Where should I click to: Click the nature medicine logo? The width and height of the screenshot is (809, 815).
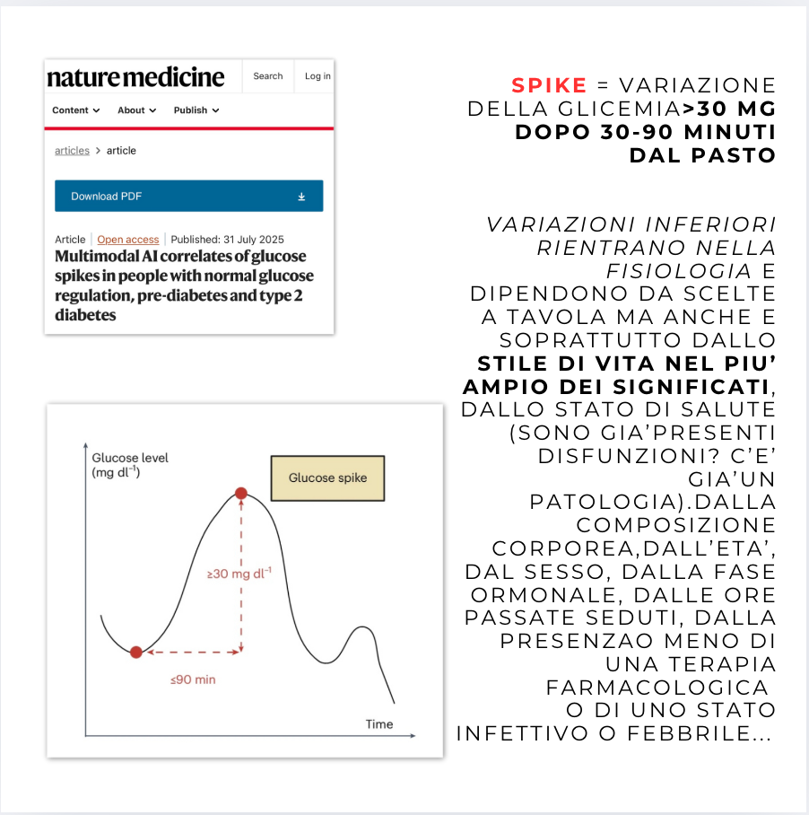coord(135,77)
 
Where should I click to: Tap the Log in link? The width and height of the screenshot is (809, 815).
coord(318,76)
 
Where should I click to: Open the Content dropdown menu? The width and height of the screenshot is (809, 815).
coord(75,110)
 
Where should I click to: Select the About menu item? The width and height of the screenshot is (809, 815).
coord(136,110)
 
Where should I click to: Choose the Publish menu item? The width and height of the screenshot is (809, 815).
coord(196,110)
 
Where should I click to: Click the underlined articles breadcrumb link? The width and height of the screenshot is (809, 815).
coord(72,151)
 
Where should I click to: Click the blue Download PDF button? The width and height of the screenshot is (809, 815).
coord(188,196)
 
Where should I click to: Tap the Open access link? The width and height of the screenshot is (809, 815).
coord(127,240)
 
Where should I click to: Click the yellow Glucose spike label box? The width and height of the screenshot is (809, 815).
coord(327,478)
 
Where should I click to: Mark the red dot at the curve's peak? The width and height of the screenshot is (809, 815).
coord(240,493)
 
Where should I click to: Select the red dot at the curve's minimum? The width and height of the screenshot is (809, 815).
coord(135,653)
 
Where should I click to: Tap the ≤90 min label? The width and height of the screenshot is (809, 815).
coord(193,679)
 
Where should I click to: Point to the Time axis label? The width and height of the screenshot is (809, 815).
coord(378,724)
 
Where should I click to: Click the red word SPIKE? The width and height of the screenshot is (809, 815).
coord(549,86)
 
